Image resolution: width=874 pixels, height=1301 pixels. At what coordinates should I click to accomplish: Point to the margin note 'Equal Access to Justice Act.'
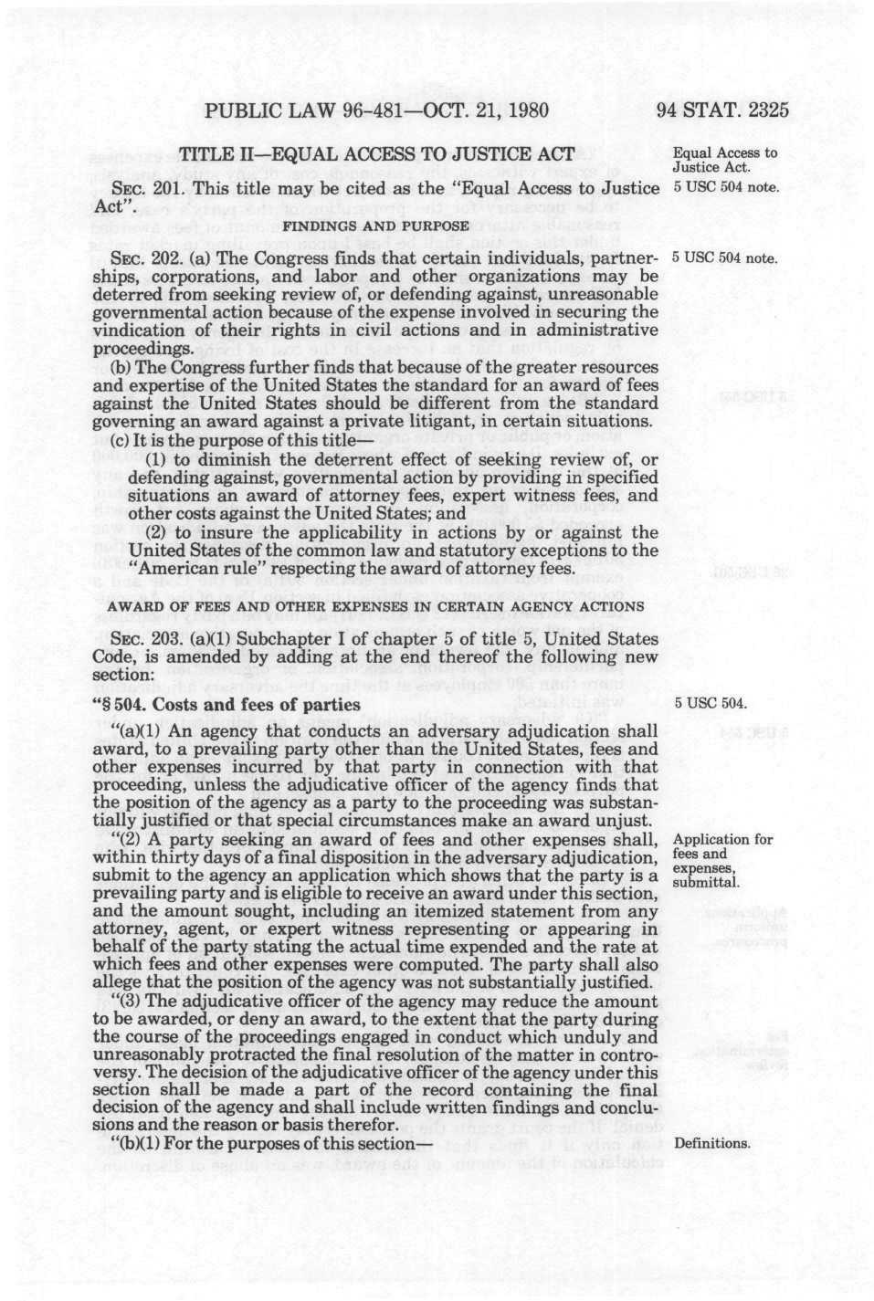pos(724,160)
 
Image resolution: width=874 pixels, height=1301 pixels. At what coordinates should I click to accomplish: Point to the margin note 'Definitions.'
pos(711,1143)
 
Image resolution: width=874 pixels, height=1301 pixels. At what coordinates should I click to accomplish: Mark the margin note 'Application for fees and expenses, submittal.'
pos(721,861)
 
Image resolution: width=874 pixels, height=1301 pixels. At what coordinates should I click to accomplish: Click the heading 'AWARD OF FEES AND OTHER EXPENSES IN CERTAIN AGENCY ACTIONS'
pos(376,608)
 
